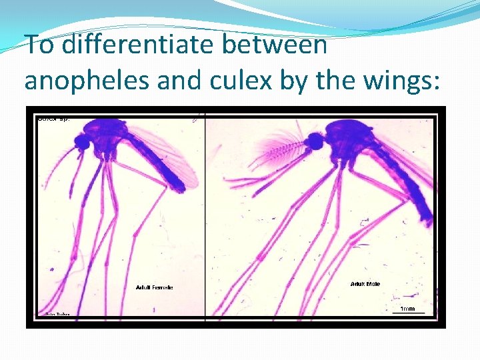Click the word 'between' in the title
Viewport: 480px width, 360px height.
pyautogui.click(x=275, y=45)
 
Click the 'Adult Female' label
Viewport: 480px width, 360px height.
pyautogui.click(x=154, y=287)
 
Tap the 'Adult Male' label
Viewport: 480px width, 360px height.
pyautogui.click(x=365, y=284)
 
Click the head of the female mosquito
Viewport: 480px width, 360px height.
pyautogui.click(x=82, y=142)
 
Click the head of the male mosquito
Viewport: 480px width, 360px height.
pyautogui.click(x=314, y=141)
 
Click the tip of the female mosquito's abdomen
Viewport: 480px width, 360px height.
pyautogui.click(x=179, y=187)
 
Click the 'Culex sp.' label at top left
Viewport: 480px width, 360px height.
pyautogui.click(x=54, y=119)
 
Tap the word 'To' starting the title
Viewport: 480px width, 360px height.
pyautogui.click(x=37, y=45)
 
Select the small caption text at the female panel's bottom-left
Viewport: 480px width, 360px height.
pyautogui.click(x=57, y=313)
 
